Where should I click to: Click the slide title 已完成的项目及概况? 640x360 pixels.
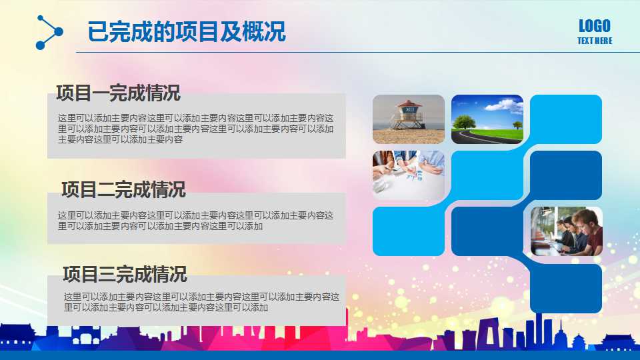[187, 31]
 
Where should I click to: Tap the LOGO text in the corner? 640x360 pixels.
[594, 26]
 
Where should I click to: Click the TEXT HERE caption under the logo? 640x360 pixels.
[594, 41]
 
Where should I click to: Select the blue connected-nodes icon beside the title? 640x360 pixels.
[49, 32]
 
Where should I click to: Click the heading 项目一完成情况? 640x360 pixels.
[118, 93]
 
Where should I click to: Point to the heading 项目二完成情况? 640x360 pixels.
[123, 189]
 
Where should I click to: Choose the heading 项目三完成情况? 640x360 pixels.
[125, 273]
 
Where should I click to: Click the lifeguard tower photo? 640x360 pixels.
[408, 119]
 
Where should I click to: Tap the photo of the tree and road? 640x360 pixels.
[487, 119]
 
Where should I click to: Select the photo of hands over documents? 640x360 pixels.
[408, 175]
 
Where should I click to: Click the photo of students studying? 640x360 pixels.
[566, 231]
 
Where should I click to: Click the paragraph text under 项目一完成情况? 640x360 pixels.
[196, 129]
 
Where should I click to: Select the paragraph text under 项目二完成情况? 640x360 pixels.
[196, 221]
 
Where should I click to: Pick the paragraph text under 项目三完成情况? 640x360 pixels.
[201, 302]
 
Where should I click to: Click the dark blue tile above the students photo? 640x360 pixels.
[566, 175]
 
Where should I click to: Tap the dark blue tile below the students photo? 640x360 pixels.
[566, 288]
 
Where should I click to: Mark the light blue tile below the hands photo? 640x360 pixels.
[408, 231]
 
